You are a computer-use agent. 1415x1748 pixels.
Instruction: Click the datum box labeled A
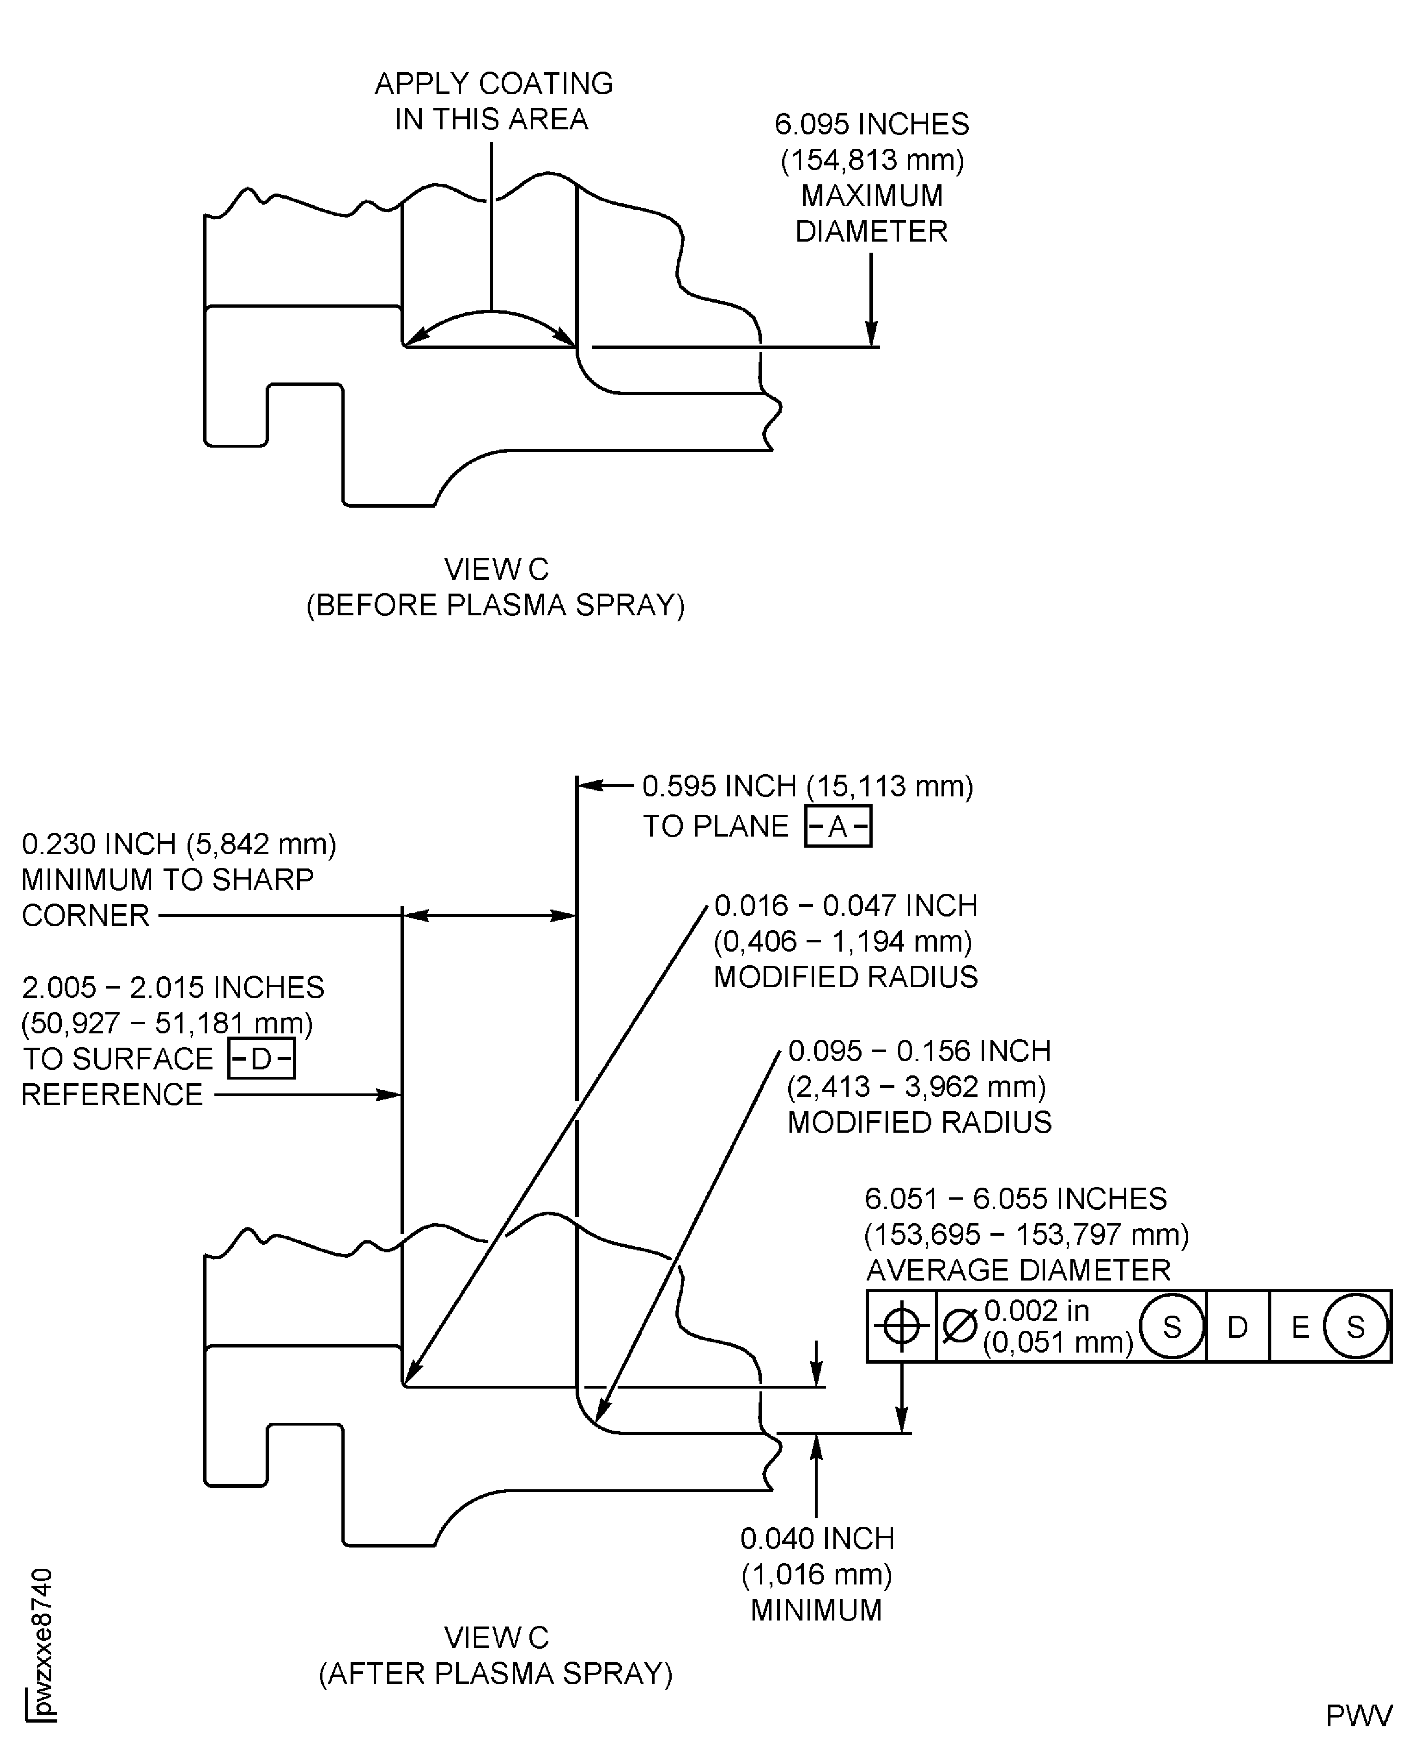pyautogui.click(x=838, y=827)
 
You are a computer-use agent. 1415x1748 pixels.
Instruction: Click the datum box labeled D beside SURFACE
pyautogui.click(x=261, y=1059)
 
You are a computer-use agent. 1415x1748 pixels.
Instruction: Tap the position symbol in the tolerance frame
pyautogui.click(x=901, y=1327)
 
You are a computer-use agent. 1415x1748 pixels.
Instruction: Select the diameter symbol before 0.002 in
pyautogui.click(x=960, y=1327)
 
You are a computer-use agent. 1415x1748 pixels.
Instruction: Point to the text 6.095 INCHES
pyautogui.click(x=871, y=124)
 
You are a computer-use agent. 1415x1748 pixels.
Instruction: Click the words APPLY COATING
pyautogui.click(x=494, y=83)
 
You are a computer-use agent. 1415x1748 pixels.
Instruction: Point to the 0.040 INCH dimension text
pyautogui.click(x=817, y=1539)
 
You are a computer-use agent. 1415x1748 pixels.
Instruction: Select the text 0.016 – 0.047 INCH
pyautogui.click(x=845, y=905)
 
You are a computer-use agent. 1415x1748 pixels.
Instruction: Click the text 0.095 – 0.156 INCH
pyautogui.click(x=918, y=1051)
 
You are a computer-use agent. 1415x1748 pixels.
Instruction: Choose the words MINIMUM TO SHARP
pyautogui.click(x=167, y=879)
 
